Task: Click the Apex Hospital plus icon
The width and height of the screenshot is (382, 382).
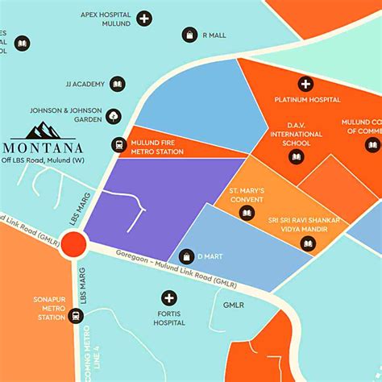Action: click(143, 18)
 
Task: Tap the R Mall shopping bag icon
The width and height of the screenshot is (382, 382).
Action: click(189, 35)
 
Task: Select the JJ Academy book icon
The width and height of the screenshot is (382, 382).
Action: click(118, 84)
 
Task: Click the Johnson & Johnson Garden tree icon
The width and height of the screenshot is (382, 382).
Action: click(114, 115)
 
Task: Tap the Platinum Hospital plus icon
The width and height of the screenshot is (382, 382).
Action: click(306, 84)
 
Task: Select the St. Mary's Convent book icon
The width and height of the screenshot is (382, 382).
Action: click(247, 212)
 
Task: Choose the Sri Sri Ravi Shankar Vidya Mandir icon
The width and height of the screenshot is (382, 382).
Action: click(307, 243)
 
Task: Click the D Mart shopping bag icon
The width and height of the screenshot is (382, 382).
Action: click(186, 256)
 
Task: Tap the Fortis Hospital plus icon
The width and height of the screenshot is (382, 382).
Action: click(168, 297)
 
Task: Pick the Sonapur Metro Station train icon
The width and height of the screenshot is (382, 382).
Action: click(76, 316)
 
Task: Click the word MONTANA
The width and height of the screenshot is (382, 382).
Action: click(44, 147)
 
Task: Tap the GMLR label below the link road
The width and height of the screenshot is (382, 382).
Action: click(233, 306)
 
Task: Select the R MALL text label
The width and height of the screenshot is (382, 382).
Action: click(214, 35)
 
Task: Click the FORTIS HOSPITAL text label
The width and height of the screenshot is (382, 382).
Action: click(169, 318)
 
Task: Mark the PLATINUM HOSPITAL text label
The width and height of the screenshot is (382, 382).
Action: click(307, 100)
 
